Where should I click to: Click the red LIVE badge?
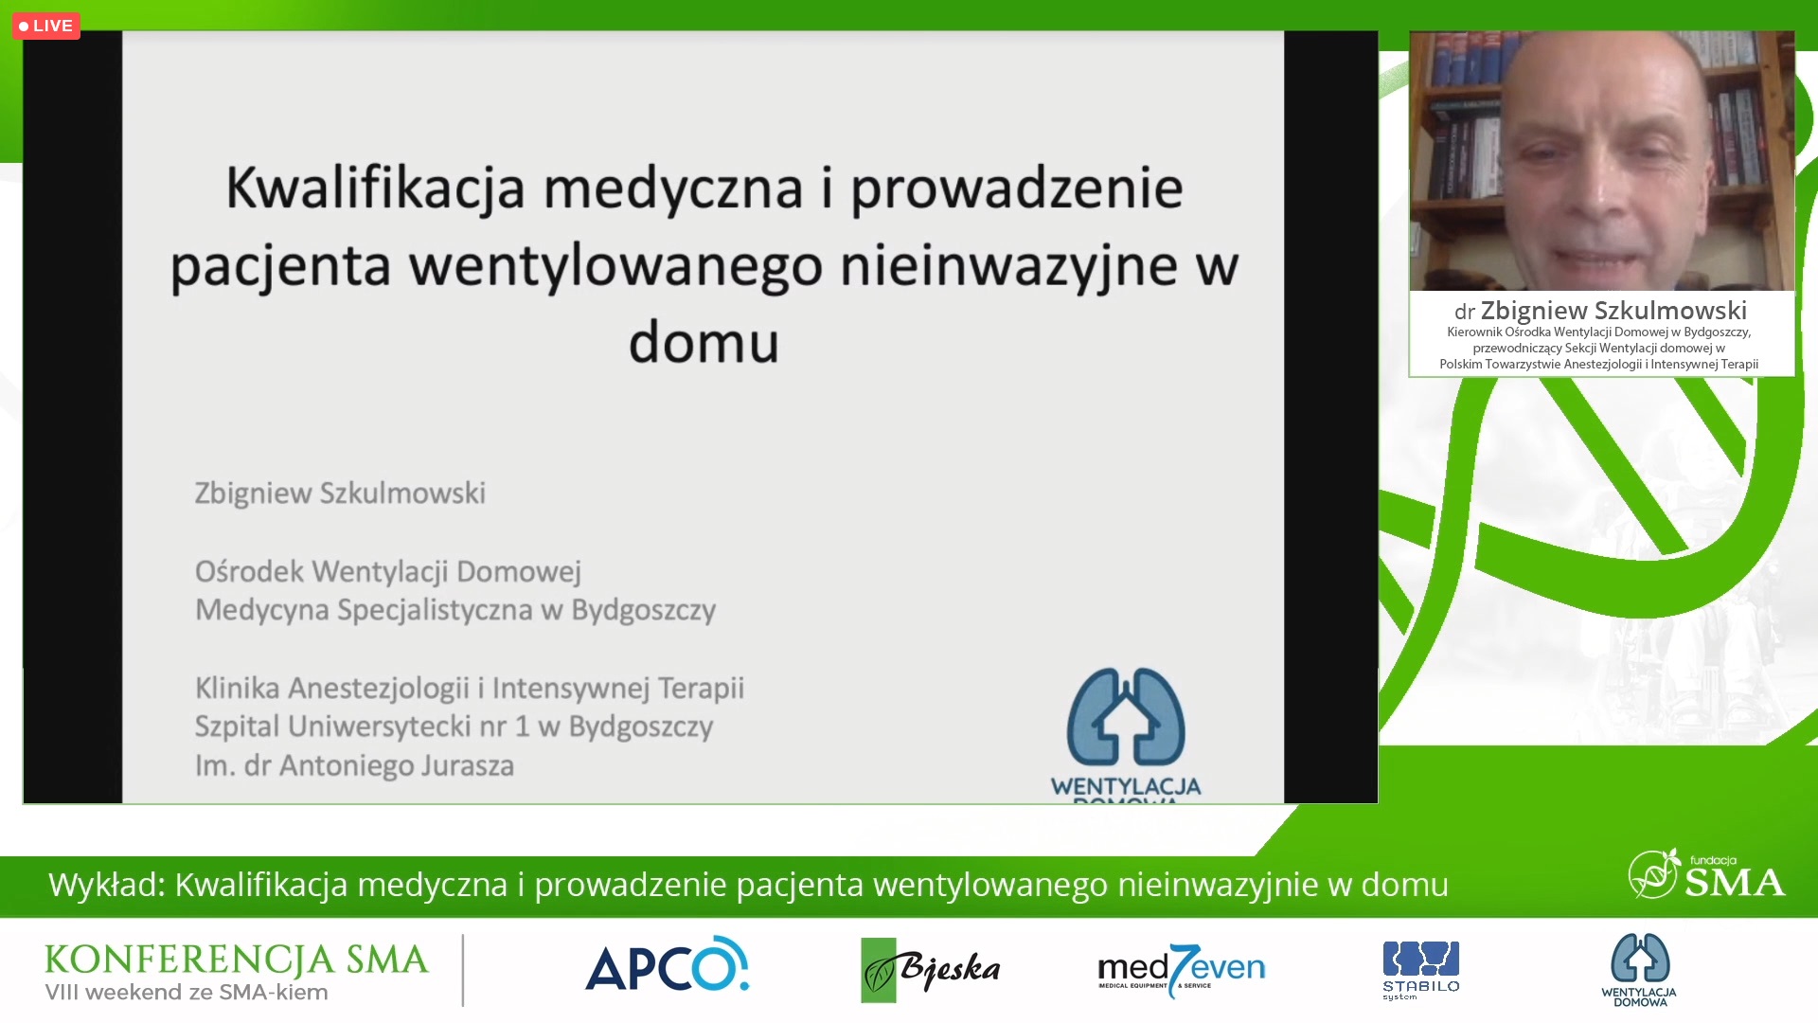45,26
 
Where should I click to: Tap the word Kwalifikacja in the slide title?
375,188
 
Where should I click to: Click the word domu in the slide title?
704,342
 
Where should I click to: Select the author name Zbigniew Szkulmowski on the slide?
340,494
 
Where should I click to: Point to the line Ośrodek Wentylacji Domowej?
387,572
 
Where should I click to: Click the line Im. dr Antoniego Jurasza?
354,765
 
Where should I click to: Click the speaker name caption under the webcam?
1600,311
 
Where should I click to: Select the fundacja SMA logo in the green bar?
1706,875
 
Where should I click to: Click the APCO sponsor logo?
668,965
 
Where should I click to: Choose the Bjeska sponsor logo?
930,969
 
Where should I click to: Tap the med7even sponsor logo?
1181,970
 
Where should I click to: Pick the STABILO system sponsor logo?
1420,970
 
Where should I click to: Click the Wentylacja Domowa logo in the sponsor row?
1639,970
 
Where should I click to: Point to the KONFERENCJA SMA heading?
237,960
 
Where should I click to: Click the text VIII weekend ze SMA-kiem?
187,993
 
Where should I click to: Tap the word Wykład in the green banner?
107,885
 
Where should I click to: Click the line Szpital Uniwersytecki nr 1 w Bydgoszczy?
454,727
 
